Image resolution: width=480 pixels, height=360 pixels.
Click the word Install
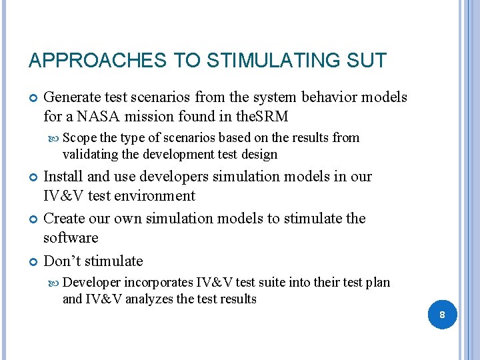(x=63, y=177)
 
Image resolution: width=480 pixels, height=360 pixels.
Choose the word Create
(x=65, y=219)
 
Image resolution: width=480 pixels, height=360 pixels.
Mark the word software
(x=71, y=238)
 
